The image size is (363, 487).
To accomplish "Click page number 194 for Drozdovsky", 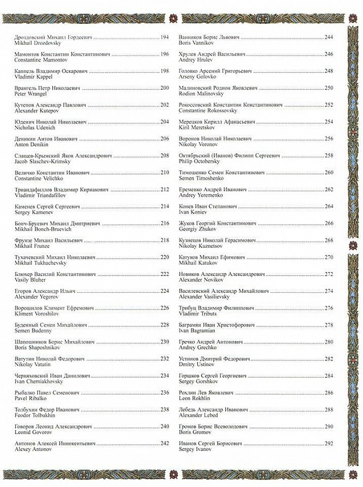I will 164,37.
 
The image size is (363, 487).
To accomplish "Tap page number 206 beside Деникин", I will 164,138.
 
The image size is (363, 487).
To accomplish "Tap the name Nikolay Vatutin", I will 30,363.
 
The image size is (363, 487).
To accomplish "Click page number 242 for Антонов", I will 164,443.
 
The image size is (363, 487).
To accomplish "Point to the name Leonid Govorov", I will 31,431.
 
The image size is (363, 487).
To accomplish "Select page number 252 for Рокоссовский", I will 329,105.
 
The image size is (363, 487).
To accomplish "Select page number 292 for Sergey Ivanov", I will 329,443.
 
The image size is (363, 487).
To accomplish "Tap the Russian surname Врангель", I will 26,88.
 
